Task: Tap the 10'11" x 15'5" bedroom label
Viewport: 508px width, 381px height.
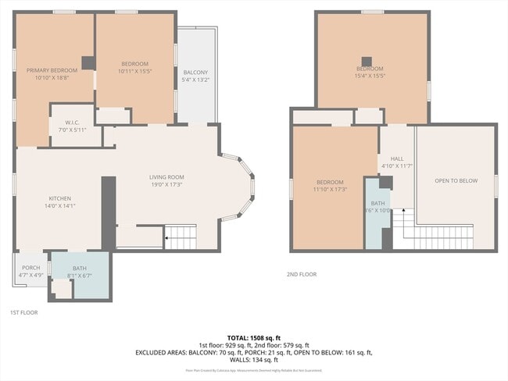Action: click(x=134, y=67)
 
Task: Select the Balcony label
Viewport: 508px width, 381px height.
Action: click(x=195, y=76)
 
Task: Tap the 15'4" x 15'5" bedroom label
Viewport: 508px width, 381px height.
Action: click(x=370, y=73)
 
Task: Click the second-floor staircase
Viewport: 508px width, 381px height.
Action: click(x=426, y=233)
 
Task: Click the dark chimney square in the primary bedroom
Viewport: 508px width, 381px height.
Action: click(x=88, y=63)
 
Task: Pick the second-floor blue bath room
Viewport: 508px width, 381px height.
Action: click(x=377, y=219)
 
